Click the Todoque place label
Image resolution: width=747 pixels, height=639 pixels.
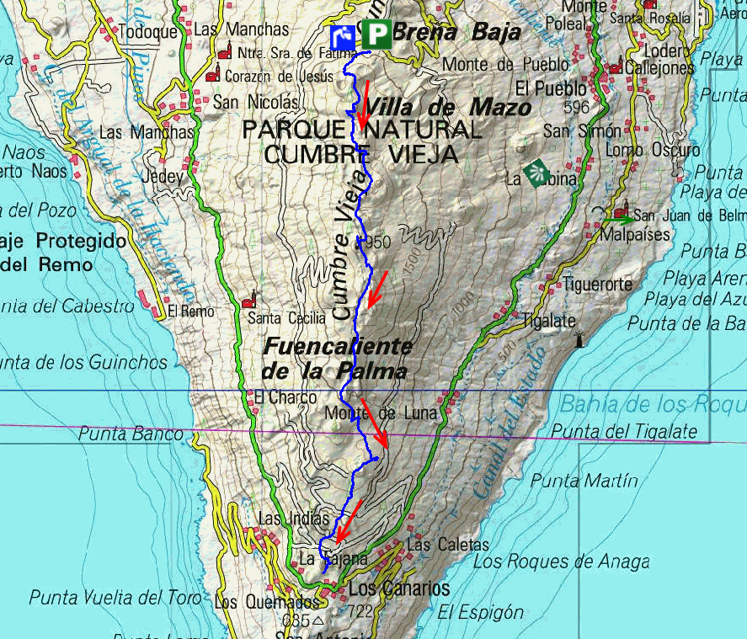pyautogui.click(x=149, y=32)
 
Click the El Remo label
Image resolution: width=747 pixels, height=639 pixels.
pyautogui.click(x=186, y=311)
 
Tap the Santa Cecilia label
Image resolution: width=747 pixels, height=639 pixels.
pyautogui.click(x=286, y=318)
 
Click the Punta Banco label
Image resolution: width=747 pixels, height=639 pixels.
pyautogui.click(x=130, y=434)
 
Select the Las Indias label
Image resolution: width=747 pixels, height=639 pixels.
pyautogui.click(x=294, y=519)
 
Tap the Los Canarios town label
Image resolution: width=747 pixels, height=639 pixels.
pyautogui.click(x=399, y=588)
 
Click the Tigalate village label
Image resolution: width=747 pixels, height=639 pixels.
pyautogui.click(x=548, y=321)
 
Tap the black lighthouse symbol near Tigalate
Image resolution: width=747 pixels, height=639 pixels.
pyautogui.click(x=579, y=339)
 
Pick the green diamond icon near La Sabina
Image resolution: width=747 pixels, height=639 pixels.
pyautogui.click(x=536, y=172)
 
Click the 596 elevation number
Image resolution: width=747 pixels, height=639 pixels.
pyautogui.click(x=577, y=107)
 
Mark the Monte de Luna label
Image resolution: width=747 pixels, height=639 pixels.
pyautogui.click(x=381, y=413)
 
